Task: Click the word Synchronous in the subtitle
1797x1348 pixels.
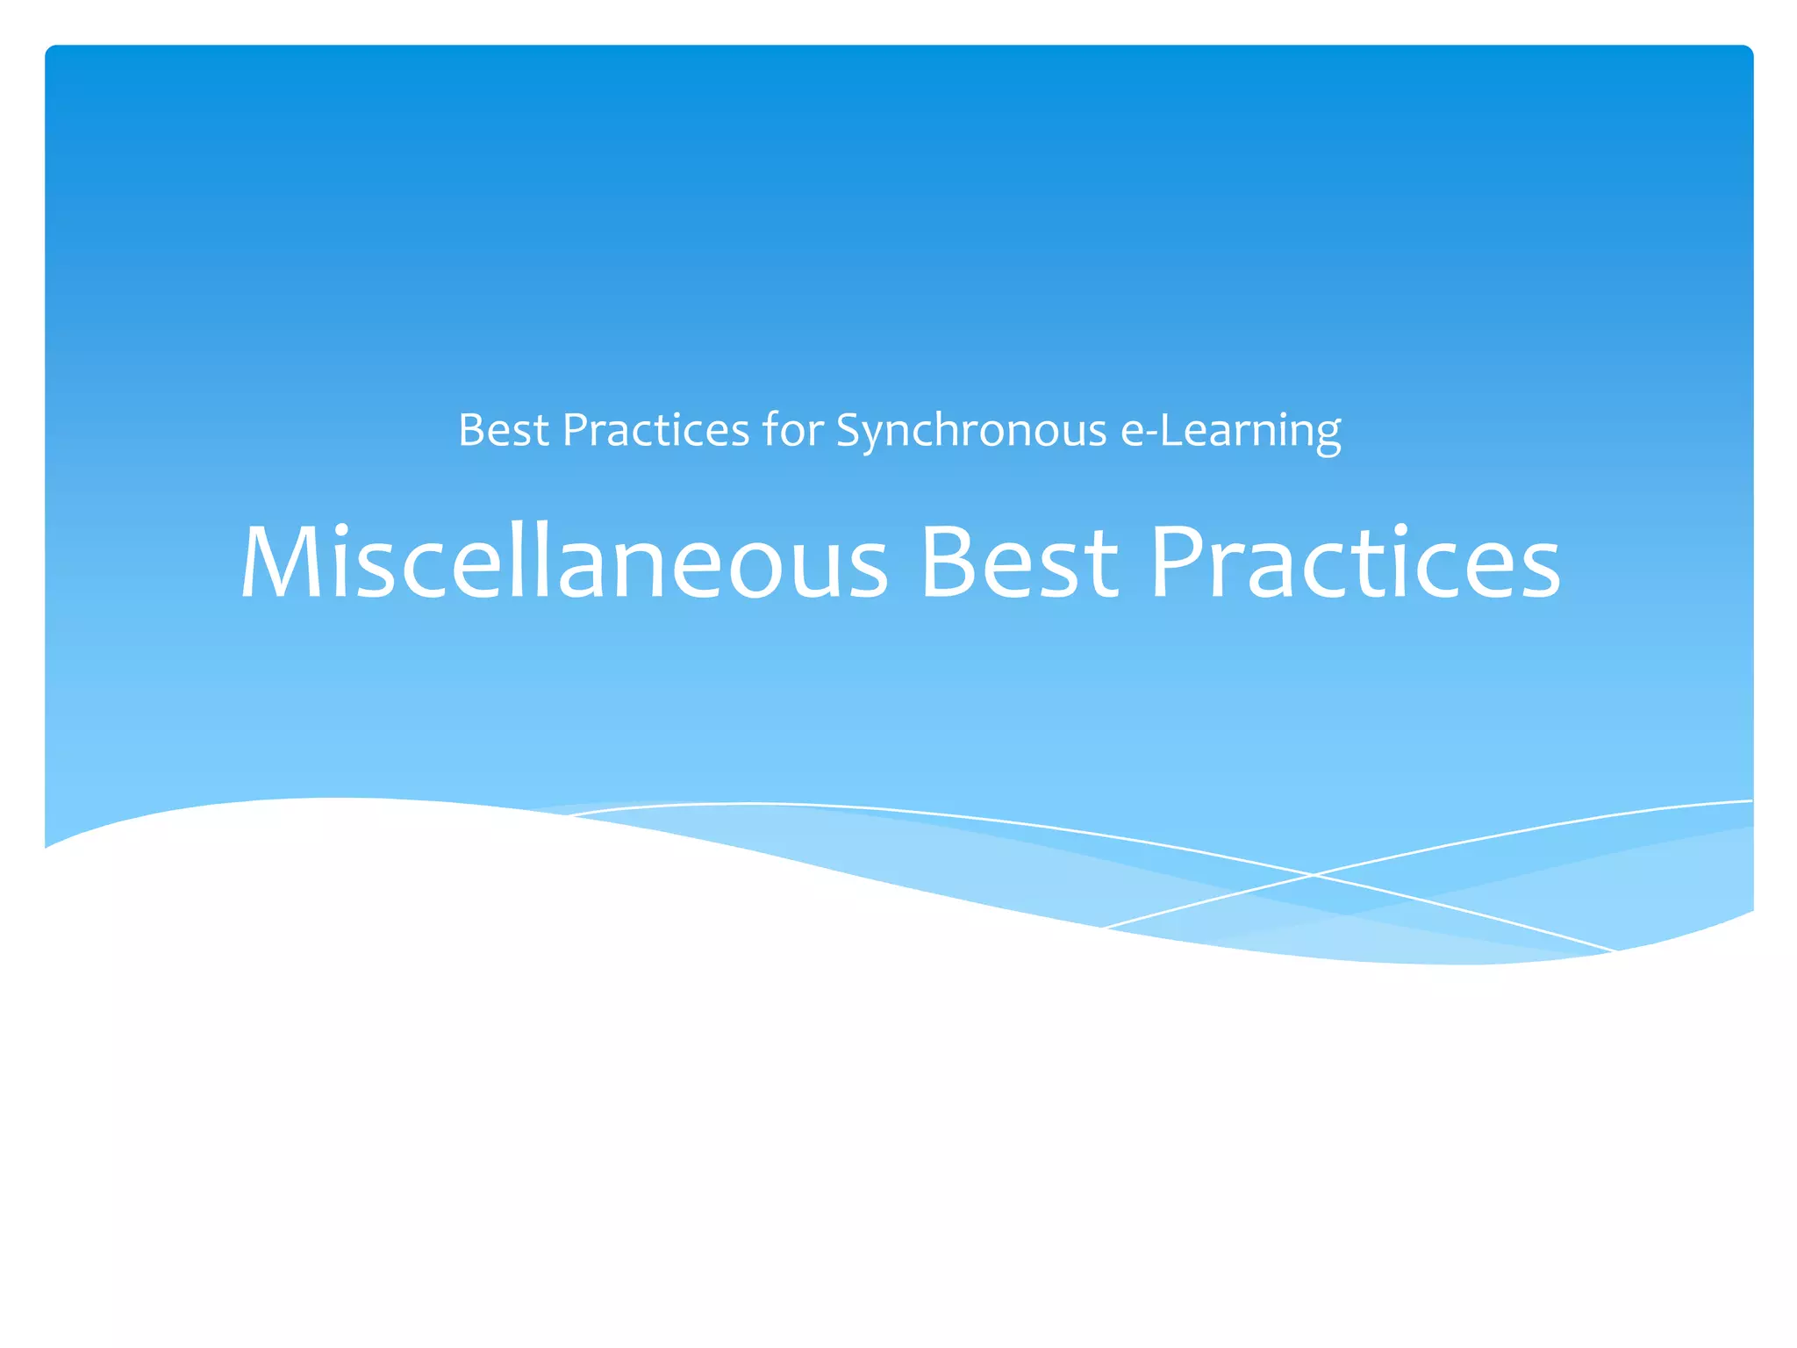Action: point(970,431)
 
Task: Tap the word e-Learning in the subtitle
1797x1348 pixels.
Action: point(1230,431)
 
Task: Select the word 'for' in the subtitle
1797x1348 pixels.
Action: point(793,430)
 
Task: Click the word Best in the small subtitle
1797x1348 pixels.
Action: point(504,430)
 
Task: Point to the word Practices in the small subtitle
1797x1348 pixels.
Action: point(655,430)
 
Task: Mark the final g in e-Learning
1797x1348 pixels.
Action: point(1328,436)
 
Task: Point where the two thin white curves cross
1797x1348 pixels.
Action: point(1314,874)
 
